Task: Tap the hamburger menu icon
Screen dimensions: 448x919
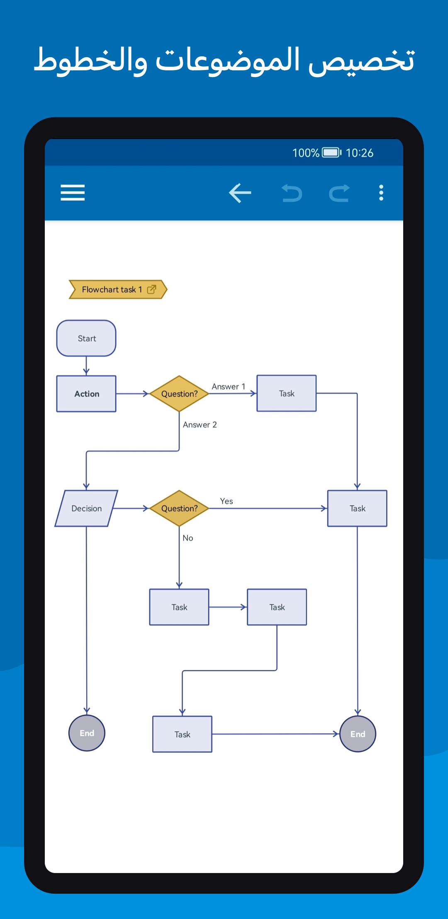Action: point(73,193)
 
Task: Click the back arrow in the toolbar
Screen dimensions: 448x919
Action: point(240,193)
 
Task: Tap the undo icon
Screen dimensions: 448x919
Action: point(292,193)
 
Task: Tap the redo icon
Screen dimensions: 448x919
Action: point(339,193)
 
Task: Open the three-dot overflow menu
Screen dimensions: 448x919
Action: point(381,193)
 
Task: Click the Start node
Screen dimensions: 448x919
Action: point(86,338)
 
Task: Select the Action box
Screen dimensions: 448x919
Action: point(86,394)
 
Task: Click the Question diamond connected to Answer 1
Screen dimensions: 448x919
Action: point(179,394)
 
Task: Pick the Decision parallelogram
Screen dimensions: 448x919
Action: point(86,508)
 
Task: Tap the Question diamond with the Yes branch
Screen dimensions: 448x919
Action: point(179,508)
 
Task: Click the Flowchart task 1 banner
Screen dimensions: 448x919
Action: point(118,289)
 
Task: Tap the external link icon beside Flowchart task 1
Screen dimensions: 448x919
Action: point(152,289)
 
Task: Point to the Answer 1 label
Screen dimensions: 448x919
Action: point(229,387)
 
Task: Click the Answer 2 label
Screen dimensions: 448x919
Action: point(200,425)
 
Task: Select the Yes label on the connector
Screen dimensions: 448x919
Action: point(226,501)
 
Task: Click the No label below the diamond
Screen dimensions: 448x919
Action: point(188,538)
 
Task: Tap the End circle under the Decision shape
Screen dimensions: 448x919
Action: point(87,733)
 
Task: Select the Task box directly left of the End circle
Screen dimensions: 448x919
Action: point(182,734)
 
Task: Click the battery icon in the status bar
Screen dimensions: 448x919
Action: point(332,153)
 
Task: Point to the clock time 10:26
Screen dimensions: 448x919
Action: point(360,153)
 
